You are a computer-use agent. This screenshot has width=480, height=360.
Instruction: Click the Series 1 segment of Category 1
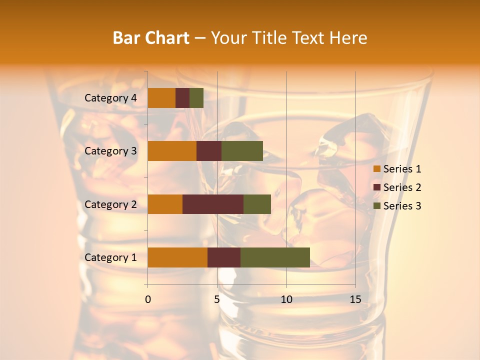(177, 257)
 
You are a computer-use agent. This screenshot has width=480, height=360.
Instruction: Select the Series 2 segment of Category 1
(224, 257)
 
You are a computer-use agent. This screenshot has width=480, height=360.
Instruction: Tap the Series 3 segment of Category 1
(275, 257)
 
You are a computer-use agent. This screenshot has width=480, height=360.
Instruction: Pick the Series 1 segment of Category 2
(165, 204)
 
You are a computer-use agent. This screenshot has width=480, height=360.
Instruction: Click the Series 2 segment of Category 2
(213, 204)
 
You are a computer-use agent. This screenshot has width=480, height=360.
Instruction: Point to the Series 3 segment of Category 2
(257, 204)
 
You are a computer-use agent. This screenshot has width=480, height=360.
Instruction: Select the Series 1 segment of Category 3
(172, 151)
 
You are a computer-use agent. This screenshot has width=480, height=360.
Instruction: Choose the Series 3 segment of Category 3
(242, 151)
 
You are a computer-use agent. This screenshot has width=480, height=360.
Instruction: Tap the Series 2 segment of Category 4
(182, 98)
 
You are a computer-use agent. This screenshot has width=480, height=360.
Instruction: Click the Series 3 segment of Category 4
(196, 98)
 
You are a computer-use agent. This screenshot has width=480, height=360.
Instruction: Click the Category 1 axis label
(110, 257)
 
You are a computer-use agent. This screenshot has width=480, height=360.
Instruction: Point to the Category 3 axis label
(110, 151)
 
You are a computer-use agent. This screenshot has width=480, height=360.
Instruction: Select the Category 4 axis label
(110, 98)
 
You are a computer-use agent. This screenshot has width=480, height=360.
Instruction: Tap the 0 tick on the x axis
(148, 299)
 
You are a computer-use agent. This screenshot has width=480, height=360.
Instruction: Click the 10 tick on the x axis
(286, 299)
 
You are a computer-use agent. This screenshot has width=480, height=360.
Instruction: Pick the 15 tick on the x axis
(355, 299)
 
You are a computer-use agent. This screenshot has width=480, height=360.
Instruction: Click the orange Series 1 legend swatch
(377, 169)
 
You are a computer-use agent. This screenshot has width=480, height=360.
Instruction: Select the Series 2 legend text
(402, 187)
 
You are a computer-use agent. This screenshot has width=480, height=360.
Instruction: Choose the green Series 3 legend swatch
(377, 206)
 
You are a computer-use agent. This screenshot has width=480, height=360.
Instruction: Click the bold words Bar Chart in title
(150, 38)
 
